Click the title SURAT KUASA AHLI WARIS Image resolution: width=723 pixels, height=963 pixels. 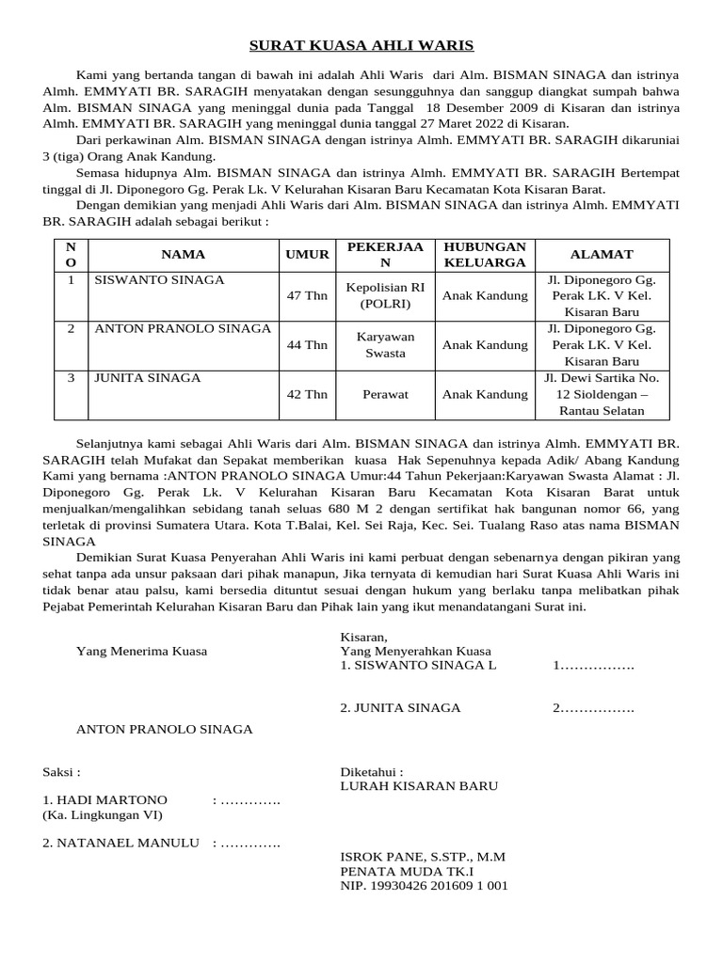(x=361, y=45)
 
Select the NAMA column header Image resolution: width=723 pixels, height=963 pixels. (x=183, y=254)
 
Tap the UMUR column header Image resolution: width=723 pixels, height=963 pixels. (x=307, y=254)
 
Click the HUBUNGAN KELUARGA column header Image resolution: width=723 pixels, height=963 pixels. (x=485, y=254)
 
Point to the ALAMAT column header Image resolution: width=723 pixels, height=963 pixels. (x=601, y=254)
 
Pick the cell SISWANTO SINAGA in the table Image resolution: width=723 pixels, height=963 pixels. (x=159, y=280)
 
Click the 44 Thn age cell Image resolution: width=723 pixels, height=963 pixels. (x=307, y=345)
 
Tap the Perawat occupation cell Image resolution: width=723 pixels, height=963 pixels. (x=385, y=395)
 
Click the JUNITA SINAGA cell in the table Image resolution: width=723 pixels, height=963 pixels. (x=146, y=378)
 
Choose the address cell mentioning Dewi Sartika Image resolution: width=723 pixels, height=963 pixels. (x=602, y=394)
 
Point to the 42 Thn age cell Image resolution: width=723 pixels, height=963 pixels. (x=307, y=395)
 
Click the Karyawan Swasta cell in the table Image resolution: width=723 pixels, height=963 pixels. (x=385, y=345)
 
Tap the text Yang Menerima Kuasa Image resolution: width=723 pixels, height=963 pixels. (x=141, y=651)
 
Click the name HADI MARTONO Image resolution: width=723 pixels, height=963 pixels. (x=104, y=799)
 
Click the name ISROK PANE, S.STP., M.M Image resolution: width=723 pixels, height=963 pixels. (x=423, y=857)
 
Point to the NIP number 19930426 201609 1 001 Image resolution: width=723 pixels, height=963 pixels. (x=424, y=886)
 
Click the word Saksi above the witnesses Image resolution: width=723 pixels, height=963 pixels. (x=61, y=771)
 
